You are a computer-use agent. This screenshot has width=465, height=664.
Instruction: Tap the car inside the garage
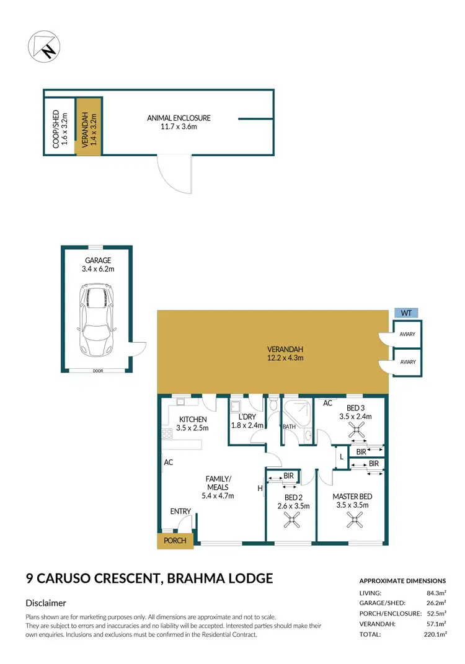click(x=95, y=319)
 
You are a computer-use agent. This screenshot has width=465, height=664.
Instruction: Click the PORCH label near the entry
click(x=175, y=540)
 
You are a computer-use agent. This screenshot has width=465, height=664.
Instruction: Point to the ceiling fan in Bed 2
click(x=291, y=523)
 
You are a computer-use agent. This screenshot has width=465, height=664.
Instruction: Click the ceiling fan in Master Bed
click(x=356, y=522)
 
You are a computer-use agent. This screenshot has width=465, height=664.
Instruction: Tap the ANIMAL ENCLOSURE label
click(x=179, y=118)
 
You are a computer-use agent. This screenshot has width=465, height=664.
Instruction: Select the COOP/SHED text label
click(x=56, y=128)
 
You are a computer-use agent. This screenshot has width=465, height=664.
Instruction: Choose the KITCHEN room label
click(x=192, y=420)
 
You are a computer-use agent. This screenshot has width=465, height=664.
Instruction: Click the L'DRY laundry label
click(x=247, y=417)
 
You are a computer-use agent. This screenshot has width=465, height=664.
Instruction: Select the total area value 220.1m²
click(x=433, y=635)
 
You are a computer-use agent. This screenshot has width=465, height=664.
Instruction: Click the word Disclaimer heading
click(x=46, y=603)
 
